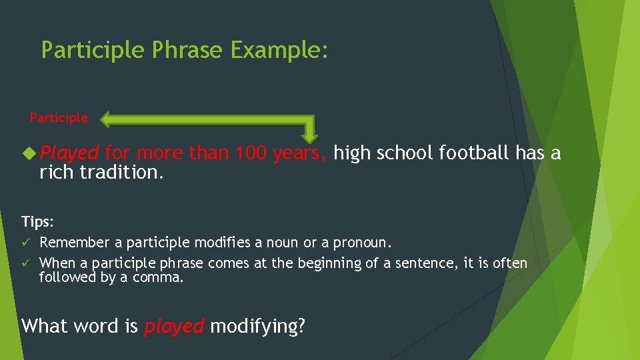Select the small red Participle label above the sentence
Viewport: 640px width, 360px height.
pos(59,118)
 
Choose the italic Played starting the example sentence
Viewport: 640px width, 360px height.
pos(69,153)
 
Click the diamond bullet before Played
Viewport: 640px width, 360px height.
pos(29,153)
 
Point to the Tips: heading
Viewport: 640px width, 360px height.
pos(37,221)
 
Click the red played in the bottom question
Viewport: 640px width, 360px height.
pos(174,326)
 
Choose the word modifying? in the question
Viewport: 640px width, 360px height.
pos(257,326)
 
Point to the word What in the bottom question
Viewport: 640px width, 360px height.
pos(45,326)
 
